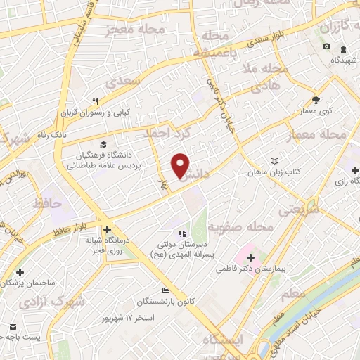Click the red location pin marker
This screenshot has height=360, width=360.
tap(181, 166)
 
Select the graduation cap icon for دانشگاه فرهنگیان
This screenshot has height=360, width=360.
tap(104, 144)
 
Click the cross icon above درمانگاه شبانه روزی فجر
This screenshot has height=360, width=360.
tap(107, 229)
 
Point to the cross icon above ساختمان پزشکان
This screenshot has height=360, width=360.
tap(20, 272)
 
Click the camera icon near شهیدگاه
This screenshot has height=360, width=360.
tap(326, 46)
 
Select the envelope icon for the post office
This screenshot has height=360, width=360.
tap(13, 327)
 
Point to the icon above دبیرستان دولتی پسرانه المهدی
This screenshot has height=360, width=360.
tap(182, 233)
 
